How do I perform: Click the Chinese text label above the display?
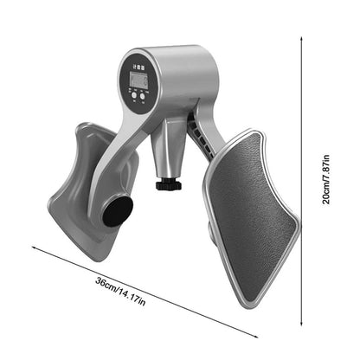138,63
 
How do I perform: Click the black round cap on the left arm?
118,211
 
